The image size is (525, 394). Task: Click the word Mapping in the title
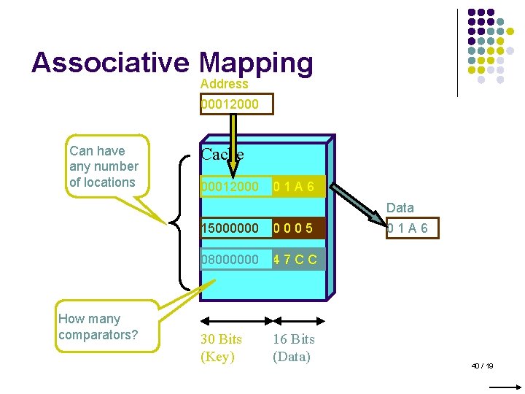(x=255, y=64)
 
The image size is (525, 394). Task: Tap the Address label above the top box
(x=224, y=84)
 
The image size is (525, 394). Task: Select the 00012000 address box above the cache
(x=230, y=104)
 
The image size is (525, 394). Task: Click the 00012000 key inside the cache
(x=230, y=188)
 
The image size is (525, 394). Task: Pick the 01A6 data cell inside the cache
(x=295, y=188)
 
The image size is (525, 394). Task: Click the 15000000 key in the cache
(x=230, y=228)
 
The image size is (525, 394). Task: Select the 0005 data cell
(x=294, y=228)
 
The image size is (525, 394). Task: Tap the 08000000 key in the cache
(x=230, y=259)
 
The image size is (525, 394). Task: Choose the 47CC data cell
(x=295, y=259)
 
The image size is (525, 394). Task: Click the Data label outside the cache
(x=400, y=208)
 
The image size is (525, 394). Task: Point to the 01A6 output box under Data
(x=408, y=228)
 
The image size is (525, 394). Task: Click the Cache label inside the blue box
(x=222, y=154)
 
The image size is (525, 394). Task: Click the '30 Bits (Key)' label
(x=221, y=348)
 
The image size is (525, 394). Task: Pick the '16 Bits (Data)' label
(x=293, y=348)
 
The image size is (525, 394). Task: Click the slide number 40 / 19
(x=482, y=366)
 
